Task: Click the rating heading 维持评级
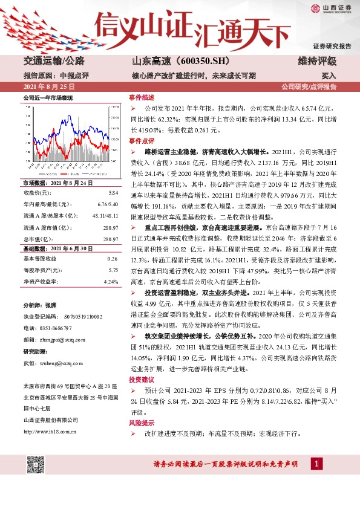(317, 62)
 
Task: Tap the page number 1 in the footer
(315, 464)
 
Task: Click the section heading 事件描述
(141, 98)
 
